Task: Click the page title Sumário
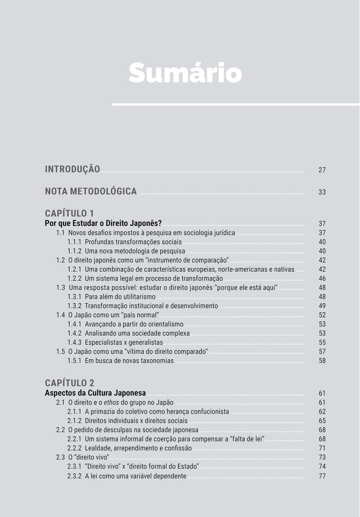[x=185, y=73]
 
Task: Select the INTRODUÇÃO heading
[x=72, y=169]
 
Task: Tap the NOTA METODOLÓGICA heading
[x=90, y=191]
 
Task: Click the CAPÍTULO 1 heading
[x=69, y=213]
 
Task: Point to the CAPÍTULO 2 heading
[x=69, y=383]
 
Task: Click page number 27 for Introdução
[x=322, y=170]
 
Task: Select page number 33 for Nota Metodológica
[x=322, y=192]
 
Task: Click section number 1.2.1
[x=74, y=269]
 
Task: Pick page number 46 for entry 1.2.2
[x=322, y=279]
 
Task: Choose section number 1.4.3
[x=74, y=342]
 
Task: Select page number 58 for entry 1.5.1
[x=322, y=360]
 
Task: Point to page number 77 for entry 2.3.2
[x=322, y=476]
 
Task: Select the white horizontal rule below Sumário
[x=236, y=104]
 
